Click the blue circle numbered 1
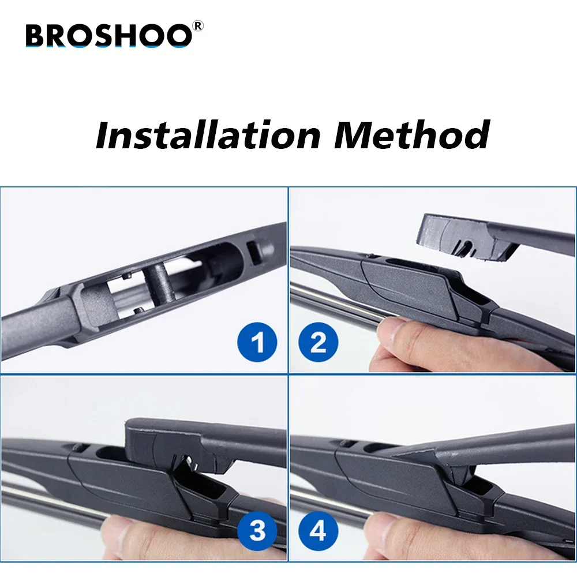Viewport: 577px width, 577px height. [257, 344]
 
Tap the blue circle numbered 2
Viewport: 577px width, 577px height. [318, 344]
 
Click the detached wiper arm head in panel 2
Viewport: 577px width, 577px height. [467, 237]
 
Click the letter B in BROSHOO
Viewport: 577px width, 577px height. [36, 36]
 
